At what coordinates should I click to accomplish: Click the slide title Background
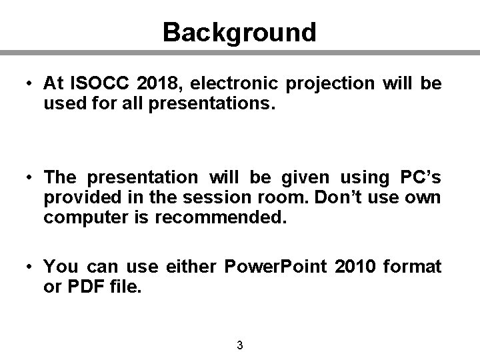click(x=239, y=31)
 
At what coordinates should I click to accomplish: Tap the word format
click(x=415, y=267)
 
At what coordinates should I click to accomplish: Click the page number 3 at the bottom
click(x=239, y=345)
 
